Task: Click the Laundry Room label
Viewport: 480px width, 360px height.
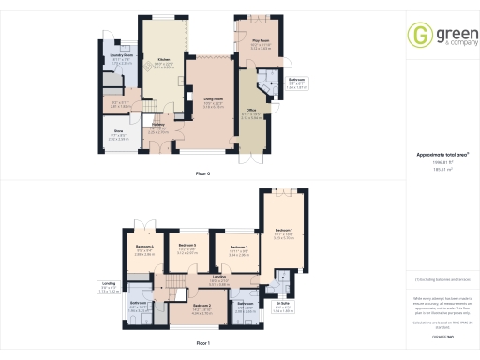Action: (x=121, y=55)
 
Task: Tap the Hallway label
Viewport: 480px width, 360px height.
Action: (x=158, y=125)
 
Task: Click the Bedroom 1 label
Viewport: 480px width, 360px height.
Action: (x=283, y=230)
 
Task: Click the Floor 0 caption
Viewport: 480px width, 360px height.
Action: (x=202, y=173)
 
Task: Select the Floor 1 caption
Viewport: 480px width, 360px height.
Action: (x=202, y=345)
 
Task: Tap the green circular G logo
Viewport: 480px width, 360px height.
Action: (x=419, y=35)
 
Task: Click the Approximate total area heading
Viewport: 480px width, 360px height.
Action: (x=442, y=154)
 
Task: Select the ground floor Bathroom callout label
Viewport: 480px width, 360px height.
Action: (x=297, y=81)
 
